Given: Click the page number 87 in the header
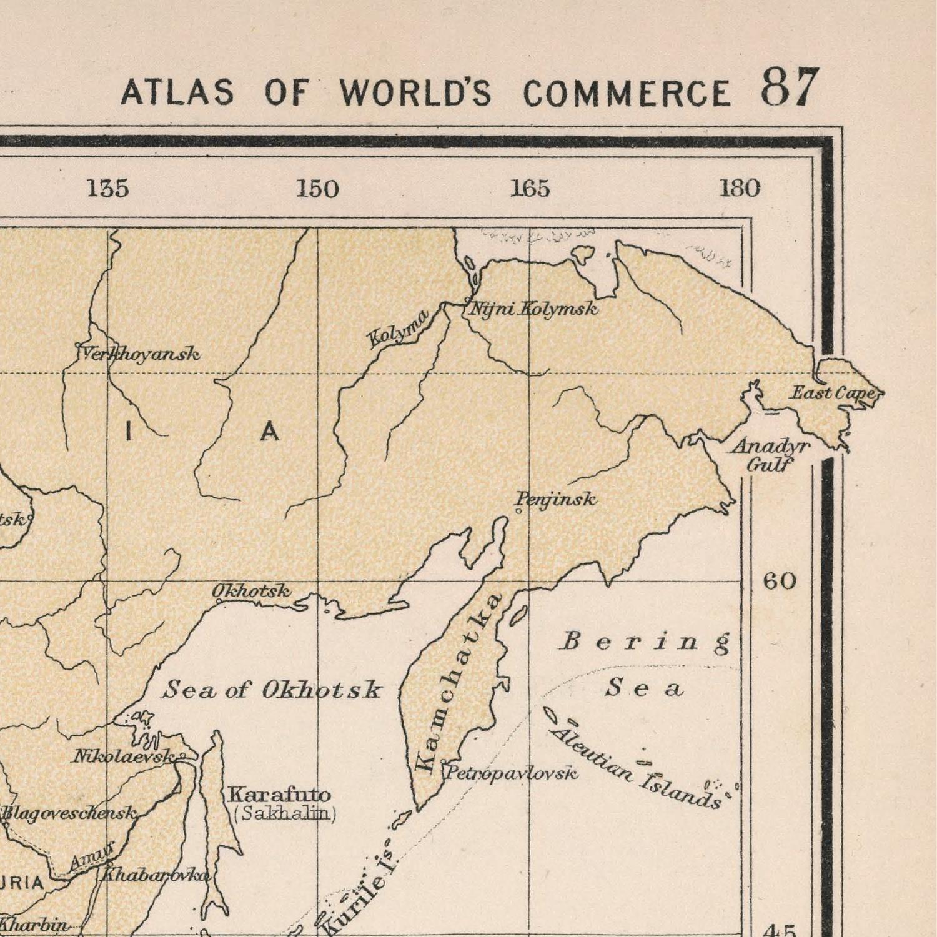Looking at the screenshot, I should (x=789, y=87).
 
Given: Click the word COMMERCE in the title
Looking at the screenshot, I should (x=627, y=93).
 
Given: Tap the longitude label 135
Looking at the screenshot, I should (x=108, y=188).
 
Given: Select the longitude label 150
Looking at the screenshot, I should (x=317, y=189).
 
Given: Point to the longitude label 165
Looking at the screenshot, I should (x=530, y=188).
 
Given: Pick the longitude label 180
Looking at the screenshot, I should (x=740, y=188).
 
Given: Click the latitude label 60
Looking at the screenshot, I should (x=780, y=582).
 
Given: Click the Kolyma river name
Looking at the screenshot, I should (x=398, y=329).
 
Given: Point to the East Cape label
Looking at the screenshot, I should (x=833, y=393).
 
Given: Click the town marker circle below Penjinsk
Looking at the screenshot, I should (x=518, y=512).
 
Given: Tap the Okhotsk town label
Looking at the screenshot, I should (x=251, y=590).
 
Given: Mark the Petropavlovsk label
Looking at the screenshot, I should (x=511, y=773).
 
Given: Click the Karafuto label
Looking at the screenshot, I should (x=279, y=795).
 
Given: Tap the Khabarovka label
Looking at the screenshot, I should (x=154, y=875).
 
